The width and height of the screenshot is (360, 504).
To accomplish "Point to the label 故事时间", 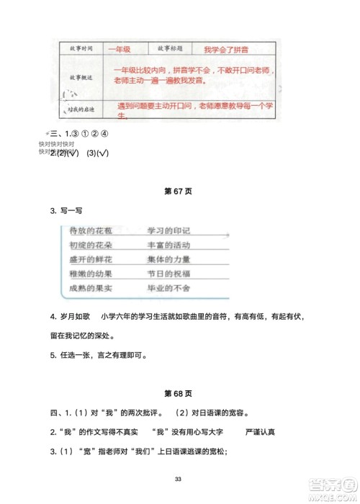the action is click(75, 50).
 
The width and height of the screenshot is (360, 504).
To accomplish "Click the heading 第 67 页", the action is click(179, 192).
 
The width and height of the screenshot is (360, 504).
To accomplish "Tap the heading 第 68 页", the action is click(179, 393).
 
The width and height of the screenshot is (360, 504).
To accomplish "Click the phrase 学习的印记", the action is click(168, 230).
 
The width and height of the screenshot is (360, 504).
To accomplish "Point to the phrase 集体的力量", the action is click(168, 258).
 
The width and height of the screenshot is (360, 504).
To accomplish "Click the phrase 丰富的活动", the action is click(168, 245).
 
